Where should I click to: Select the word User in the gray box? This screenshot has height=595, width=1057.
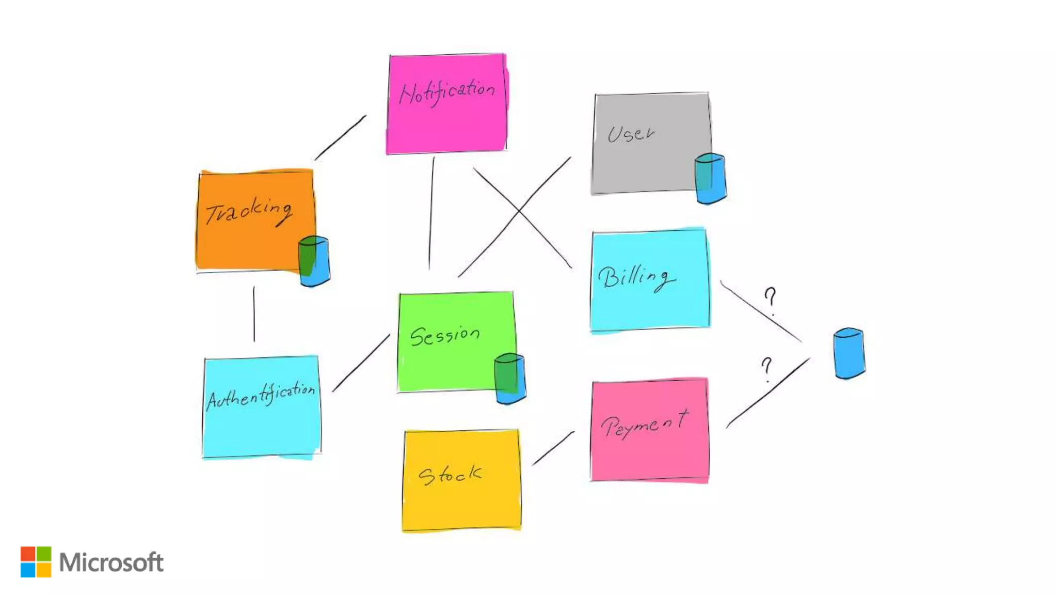pyautogui.click(x=631, y=134)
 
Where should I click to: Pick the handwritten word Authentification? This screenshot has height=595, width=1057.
pyautogui.click(x=261, y=396)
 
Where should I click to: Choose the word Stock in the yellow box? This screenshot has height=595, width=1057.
pyautogui.click(x=450, y=475)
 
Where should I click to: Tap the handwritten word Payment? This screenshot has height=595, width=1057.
pyautogui.click(x=645, y=425)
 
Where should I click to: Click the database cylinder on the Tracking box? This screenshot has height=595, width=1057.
pyautogui.click(x=314, y=261)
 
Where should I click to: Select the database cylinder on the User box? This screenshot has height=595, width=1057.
pyautogui.click(x=710, y=178)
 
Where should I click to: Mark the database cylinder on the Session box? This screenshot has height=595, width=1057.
pyautogui.click(x=510, y=378)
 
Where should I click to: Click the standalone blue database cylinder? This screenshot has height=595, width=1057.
pyautogui.click(x=849, y=353)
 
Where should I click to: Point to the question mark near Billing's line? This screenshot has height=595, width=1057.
pyautogui.click(x=770, y=301)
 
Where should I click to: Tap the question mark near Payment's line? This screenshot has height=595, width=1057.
pyautogui.click(x=767, y=369)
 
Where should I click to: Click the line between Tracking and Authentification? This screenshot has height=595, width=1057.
pyautogui.click(x=254, y=314)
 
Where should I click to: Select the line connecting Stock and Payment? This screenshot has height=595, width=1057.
pyautogui.click(x=553, y=448)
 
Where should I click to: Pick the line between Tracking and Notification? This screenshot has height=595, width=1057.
pyautogui.click(x=341, y=137)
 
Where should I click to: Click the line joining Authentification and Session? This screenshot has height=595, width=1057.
pyautogui.click(x=361, y=363)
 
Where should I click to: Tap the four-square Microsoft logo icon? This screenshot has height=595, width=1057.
pyautogui.click(x=36, y=561)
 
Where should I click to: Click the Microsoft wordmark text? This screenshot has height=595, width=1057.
pyautogui.click(x=111, y=562)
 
